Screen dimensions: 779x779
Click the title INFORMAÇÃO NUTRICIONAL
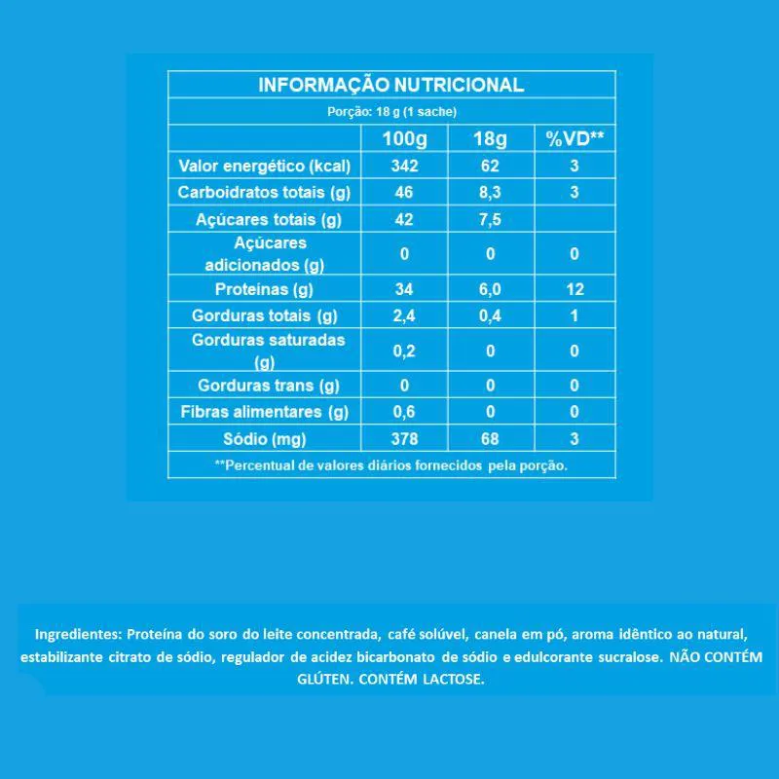tap(391, 85)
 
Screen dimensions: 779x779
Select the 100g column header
tap(404, 138)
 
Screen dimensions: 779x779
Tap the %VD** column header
tap(575, 138)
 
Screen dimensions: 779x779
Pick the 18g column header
tap(490, 138)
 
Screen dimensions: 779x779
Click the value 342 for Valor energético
tap(404, 166)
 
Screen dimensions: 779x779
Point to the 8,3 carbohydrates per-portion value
tap(490, 193)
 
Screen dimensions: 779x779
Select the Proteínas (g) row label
tap(264, 289)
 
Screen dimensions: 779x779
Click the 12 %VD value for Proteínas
tap(575, 289)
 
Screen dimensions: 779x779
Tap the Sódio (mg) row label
tap(264, 438)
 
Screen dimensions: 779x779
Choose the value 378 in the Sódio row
tap(404, 438)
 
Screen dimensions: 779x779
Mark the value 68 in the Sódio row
tap(490, 438)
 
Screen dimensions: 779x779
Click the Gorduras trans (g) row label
tap(264, 386)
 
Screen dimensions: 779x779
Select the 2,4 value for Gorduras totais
tap(404, 315)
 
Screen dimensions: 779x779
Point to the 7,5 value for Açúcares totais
tap(490, 220)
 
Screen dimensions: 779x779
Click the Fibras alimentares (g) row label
tap(264, 412)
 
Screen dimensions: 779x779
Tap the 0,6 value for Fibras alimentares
tap(404, 412)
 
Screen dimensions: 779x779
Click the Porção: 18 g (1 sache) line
tap(391, 111)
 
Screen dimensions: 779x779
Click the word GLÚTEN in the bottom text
tap(321, 680)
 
